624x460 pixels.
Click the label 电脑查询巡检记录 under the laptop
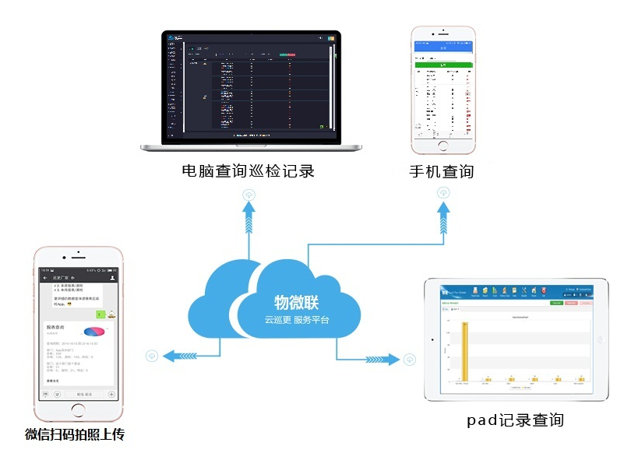tap(248, 171)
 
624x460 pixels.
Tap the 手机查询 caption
tap(442, 171)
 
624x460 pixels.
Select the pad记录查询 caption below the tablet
tap(515, 420)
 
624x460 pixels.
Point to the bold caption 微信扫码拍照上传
tap(75, 434)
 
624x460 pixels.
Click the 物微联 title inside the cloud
tap(296, 303)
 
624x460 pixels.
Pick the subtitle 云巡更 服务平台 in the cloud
tap(296, 321)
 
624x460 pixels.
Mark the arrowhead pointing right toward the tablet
tap(391, 359)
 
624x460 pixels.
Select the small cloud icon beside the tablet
tap(410, 360)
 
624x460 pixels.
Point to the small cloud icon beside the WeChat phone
tap(152, 356)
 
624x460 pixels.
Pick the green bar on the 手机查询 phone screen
tap(443, 66)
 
